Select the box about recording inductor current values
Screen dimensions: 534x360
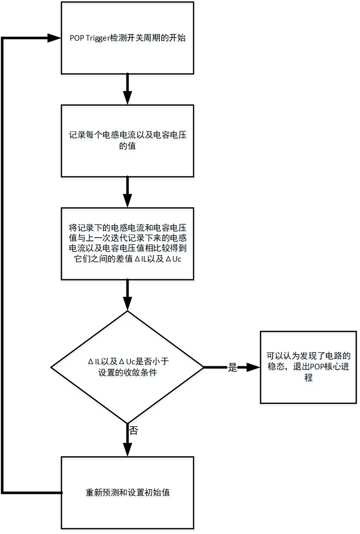[x=127, y=141]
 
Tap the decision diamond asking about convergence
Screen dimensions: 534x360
[x=127, y=366]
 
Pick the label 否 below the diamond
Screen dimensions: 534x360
[x=133, y=431]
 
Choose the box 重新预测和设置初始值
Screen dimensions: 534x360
[x=127, y=493]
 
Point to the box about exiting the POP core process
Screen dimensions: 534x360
[x=308, y=366]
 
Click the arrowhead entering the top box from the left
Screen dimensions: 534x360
[x=55, y=39]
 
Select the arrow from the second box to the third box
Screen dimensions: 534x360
[x=127, y=192]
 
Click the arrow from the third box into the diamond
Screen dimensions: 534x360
[x=127, y=295]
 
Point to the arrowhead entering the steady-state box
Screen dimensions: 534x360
[x=253, y=367]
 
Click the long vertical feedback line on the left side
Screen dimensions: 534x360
[x=3, y=264]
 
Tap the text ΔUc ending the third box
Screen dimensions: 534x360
[x=174, y=259]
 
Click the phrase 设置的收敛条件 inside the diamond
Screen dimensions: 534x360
[x=127, y=372]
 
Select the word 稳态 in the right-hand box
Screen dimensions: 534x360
[x=276, y=367]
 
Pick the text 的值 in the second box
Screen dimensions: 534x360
[x=127, y=146]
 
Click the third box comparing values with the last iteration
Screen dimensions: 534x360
[x=127, y=243]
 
